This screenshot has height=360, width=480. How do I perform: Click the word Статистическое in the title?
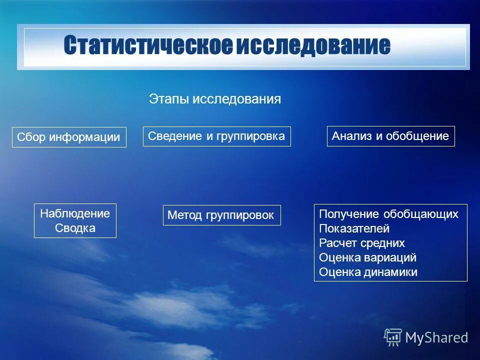point(148,46)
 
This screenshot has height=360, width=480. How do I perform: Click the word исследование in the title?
point(313,46)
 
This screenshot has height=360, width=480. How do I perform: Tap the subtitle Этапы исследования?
point(215,99)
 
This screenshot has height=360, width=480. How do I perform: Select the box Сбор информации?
point(69,137)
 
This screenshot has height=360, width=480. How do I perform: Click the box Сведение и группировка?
point(216,136)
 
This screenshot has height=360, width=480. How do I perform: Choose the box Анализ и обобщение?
point(390,136)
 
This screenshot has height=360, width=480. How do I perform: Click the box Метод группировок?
point(221,215)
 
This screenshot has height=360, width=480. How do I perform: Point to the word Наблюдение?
point(75,213)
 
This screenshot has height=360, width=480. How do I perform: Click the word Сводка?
point(75,228)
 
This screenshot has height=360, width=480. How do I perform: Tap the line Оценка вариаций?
point(367,258)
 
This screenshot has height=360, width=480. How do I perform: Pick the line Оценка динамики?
point(368,272)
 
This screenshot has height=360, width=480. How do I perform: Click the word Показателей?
point(354,229)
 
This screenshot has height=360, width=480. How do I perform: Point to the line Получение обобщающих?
point(388,214)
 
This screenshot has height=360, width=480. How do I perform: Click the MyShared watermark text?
point(436,337)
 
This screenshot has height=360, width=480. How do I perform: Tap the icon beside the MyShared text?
point(392,337)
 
